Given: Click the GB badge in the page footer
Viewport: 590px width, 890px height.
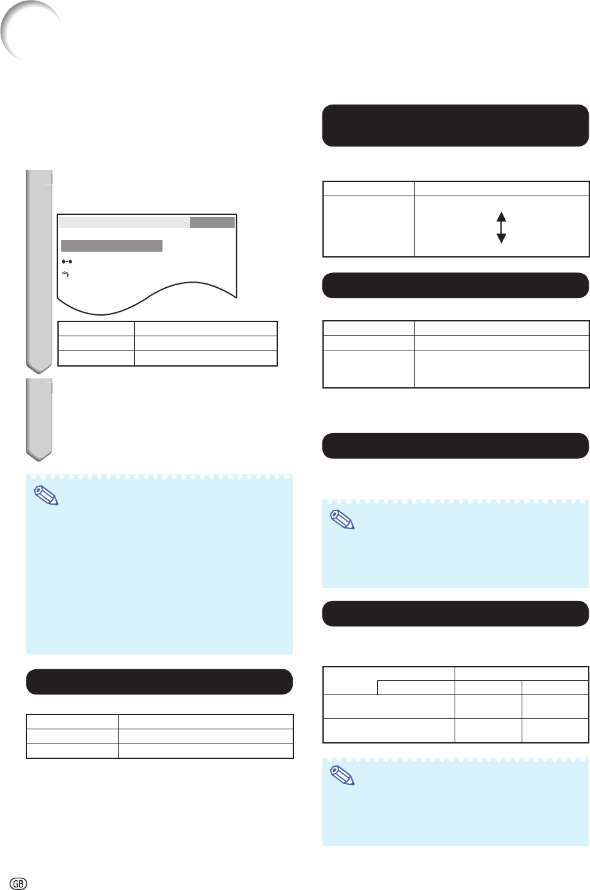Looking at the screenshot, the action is (18, 884).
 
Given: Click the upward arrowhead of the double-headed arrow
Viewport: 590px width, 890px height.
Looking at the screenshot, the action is (502, 217).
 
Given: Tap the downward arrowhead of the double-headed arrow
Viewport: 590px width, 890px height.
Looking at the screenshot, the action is (502, 238).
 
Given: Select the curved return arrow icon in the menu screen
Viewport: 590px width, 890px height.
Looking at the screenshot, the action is (66, 274).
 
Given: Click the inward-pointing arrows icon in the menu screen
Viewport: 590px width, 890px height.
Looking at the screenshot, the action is (67, 261).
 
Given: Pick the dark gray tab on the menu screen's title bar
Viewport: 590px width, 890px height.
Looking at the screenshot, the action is (212, 222).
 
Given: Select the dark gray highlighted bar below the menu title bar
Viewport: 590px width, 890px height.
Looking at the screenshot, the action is (112, 245).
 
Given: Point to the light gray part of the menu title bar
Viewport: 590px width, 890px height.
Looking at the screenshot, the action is (124, 222).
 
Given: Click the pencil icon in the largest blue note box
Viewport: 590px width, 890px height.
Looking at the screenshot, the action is (46, 496).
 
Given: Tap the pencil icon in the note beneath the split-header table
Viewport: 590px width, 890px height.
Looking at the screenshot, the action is (342, 776).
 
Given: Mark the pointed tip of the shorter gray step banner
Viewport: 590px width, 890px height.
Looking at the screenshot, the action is (39, 461).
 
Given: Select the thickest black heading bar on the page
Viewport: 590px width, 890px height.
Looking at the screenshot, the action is (455, 126).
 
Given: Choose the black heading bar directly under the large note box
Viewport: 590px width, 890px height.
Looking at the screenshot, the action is (159, 682).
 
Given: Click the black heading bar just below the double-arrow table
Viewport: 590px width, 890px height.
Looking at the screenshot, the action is (455, 285).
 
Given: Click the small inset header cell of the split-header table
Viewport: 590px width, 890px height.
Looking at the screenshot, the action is (416, 687).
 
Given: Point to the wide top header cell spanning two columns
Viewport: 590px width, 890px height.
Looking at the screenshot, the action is (522, 673).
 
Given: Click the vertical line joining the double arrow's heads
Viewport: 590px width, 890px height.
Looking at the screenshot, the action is (502, 227).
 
